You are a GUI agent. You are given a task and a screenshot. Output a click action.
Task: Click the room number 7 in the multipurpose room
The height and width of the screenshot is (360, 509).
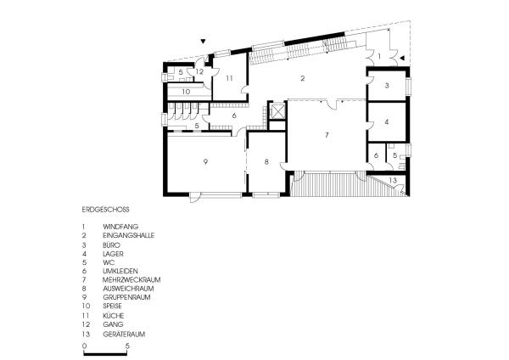[x=327, y=135]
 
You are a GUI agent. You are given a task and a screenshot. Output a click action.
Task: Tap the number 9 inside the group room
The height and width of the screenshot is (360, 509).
[x=205, y=161]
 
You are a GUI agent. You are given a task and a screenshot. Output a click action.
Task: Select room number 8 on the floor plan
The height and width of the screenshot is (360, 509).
[x=266, y=161]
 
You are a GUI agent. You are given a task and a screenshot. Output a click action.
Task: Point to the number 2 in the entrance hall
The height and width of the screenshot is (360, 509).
[x=303, y=78]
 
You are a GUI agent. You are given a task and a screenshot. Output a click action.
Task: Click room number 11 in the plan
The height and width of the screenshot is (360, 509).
[x=230, y=78]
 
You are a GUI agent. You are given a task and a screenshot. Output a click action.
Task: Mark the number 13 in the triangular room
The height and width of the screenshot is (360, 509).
[x=393, y=180]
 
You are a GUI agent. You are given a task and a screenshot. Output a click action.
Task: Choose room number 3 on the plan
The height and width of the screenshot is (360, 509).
[x=387, y=86]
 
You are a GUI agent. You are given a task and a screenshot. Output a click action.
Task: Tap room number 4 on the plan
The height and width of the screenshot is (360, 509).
[x=386, y=122]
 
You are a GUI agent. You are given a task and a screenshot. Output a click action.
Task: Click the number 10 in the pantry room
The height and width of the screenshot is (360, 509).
[x=186, y=92]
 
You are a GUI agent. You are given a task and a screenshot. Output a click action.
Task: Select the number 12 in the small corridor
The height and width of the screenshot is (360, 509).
[x=199, y=71]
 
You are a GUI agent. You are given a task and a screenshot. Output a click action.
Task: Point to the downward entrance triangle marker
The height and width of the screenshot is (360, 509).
[x=204, y=42]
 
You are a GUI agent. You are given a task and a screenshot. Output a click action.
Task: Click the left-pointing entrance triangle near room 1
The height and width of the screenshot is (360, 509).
[x=402, y=58]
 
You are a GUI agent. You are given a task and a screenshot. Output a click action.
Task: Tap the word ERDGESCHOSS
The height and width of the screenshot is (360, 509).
[x=105, y=210]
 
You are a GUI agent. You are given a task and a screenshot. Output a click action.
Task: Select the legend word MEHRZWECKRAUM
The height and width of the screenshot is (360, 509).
[x=131, y=279]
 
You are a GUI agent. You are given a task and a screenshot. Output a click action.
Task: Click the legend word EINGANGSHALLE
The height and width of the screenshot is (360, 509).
[x=129, y=235]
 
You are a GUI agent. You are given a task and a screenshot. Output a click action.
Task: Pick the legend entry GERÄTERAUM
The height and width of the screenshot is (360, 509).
[x=124, y=334]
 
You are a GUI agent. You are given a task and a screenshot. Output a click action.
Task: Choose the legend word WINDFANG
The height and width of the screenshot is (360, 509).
[x=120, y=227]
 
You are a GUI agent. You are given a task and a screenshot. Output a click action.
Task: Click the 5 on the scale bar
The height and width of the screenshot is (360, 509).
[x=127, y=346]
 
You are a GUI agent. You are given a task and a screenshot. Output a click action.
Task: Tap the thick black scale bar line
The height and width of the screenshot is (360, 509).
[x=105, y=354]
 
